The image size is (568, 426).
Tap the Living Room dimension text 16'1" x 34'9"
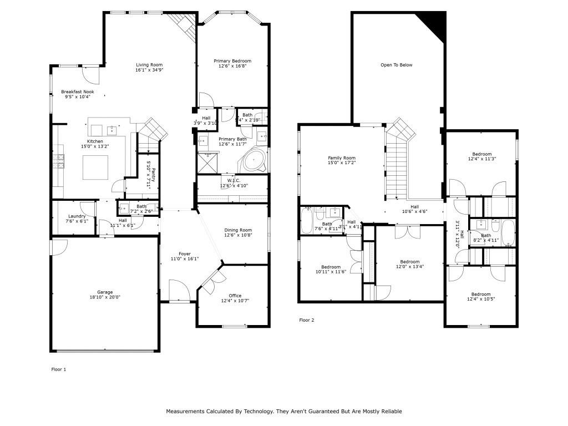coord(149,70)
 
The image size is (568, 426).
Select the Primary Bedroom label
coord(232,61)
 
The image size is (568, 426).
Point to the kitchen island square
coord(95,168)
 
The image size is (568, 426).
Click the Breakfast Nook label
coord(78,92)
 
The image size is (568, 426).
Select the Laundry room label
coord(77,216)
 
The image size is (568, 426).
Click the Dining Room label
coord(238,230)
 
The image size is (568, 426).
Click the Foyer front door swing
coord(179,290)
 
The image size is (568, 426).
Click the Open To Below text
coord(396,65)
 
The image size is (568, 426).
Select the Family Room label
coord(341,158)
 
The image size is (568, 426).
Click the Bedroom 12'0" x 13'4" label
coord(410,262)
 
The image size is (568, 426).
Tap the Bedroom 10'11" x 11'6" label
coord(331,267)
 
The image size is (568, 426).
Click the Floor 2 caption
coord(307,320)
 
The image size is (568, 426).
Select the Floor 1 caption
coord(58,369)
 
